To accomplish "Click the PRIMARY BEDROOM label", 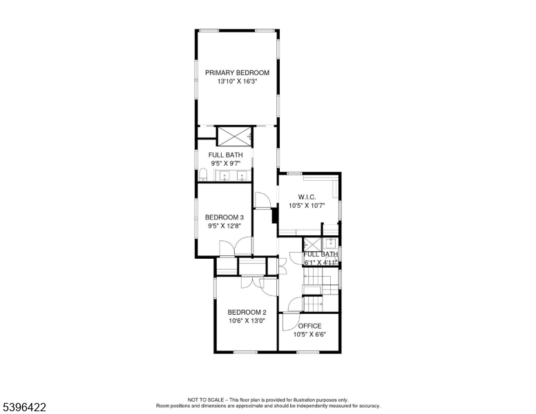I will (237, 72).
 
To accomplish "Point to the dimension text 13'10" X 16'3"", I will (237, 81).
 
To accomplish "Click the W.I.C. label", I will (307, 197).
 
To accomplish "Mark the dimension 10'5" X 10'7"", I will (307, 206).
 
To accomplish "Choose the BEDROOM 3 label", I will (224, 217).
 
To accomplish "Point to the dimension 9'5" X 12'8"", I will (224, 226).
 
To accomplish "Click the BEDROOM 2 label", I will (247, 312).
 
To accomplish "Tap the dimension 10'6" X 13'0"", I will (247, 321).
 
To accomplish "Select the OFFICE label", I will (309, 326).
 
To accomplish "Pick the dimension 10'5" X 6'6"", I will (309, 335).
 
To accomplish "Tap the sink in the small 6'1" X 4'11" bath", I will (332, 243).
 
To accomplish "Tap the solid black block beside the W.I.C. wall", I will (275, 217).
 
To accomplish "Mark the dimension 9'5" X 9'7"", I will (224, 164).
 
